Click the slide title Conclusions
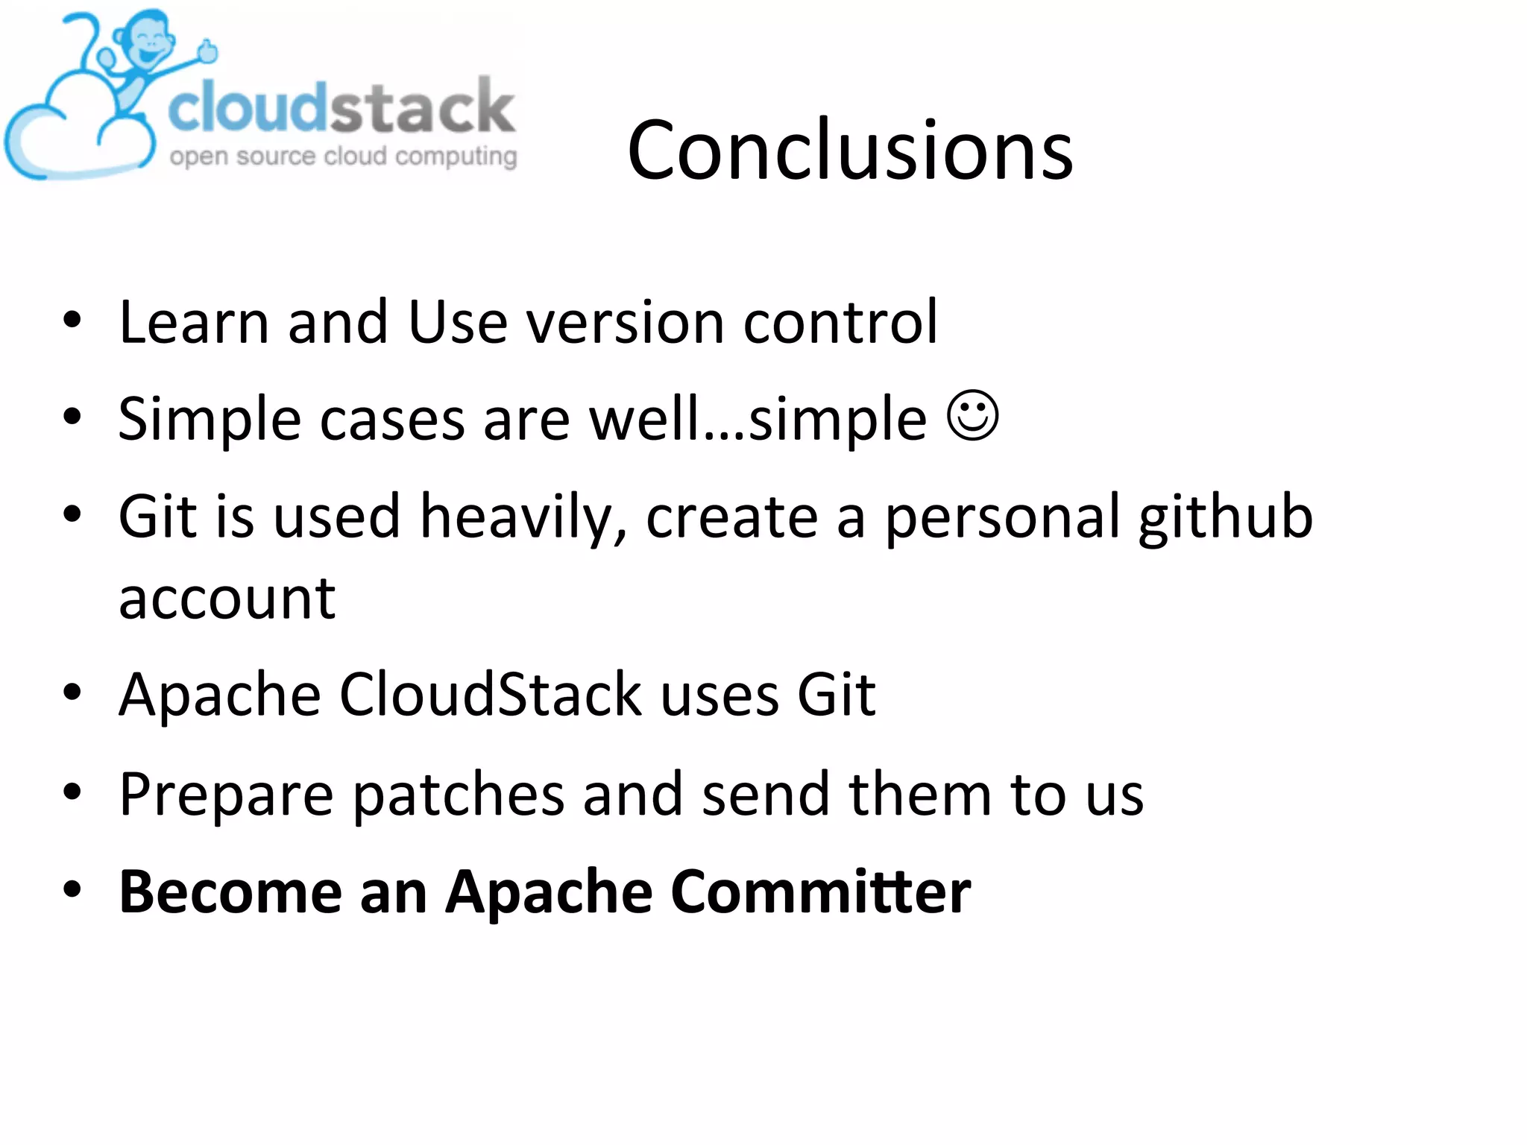pyautogui.click(x=850, y=151)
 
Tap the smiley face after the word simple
pyautogui.click(x=972, y=416)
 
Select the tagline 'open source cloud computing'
pyautogui.click(x=343, y=157)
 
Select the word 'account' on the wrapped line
pyautogui.click(x=227, y=599)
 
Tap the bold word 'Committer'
pyautogui.click(x=820, y=892)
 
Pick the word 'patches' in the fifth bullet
pyautogui.click(x=458, y=795)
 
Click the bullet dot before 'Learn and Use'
pyautogui.click(x=72, y=321)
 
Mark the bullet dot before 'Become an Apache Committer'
pyautogui.click(x=72, y=889)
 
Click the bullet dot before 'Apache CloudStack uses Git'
pyautogui.click(x=72, y=693)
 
